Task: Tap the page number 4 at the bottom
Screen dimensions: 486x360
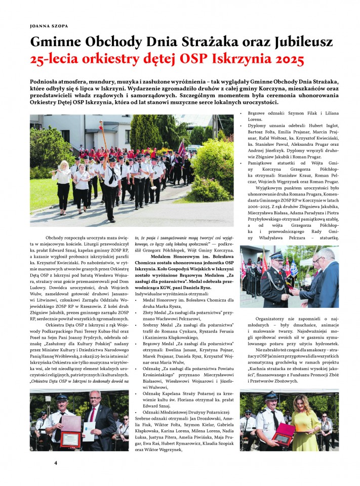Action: click(x=56, y=463)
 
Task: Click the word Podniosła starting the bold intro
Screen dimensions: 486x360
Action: click(x=48, y=80)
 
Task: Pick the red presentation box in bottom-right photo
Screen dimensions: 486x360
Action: click(x=284, y=431)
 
